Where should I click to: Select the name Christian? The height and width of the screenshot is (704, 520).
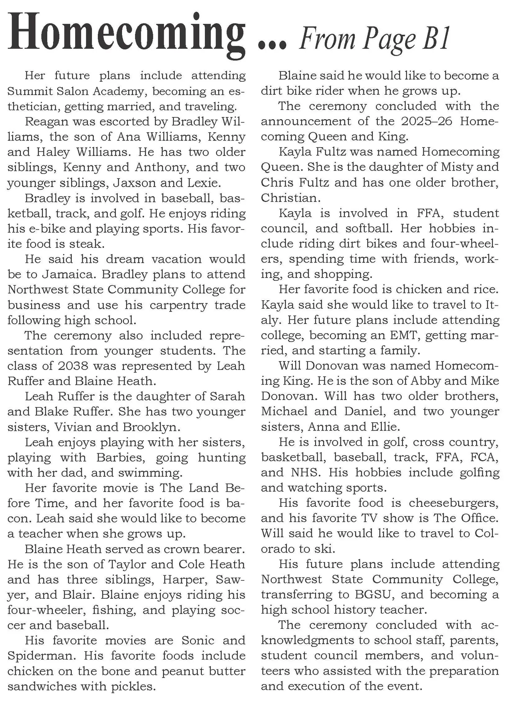290,198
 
